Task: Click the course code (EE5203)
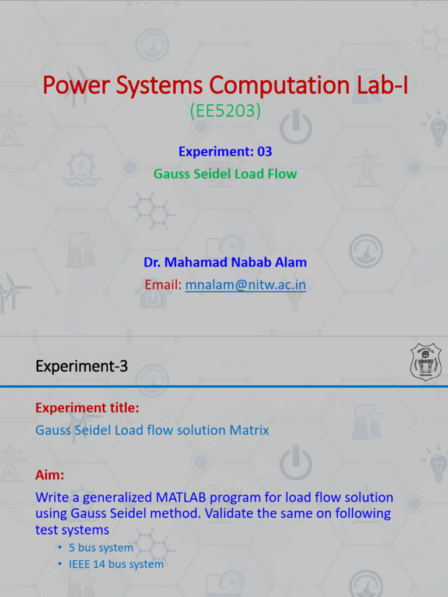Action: (225, 111)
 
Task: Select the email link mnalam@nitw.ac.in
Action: (246, 285)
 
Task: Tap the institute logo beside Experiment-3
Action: (425, 361)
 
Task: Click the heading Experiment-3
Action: (81, 366)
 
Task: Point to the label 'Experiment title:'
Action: (87, 408)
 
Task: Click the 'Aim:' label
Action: (50, 475)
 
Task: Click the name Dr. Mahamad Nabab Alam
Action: (225, 262)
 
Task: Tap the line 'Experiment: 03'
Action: (225, 152)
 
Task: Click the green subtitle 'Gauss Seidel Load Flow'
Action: (225, 174)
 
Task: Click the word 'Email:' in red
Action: (163, 285)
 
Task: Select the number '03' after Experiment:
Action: (265, 152)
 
